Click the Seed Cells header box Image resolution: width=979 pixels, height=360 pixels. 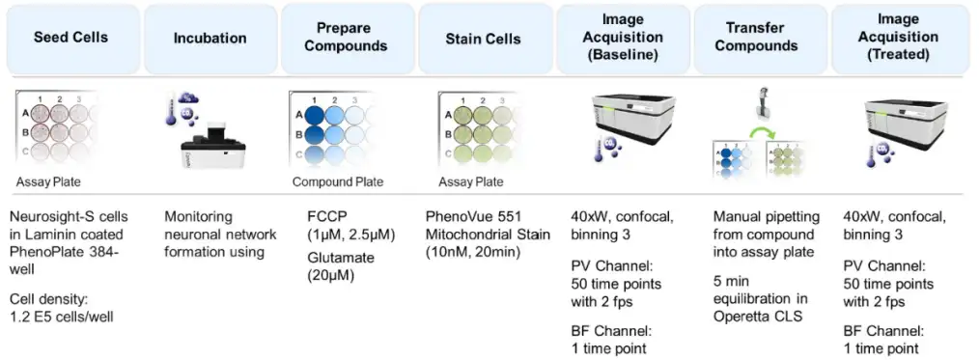[70, 38]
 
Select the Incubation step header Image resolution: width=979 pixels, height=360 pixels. [210, 38]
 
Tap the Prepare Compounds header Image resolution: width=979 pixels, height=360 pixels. [348, 38]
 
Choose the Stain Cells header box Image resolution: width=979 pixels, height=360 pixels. [485, 38]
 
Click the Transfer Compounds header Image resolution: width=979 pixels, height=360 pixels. [760, 38]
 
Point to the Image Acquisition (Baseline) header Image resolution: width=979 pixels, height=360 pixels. [623, 38]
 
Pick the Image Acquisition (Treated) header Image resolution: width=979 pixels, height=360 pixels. [898, 38]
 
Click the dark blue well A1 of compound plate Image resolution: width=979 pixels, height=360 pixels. [315, 114]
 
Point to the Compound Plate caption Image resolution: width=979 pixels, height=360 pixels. [338, 182]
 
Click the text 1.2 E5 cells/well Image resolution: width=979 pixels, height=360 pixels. [62, 317]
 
